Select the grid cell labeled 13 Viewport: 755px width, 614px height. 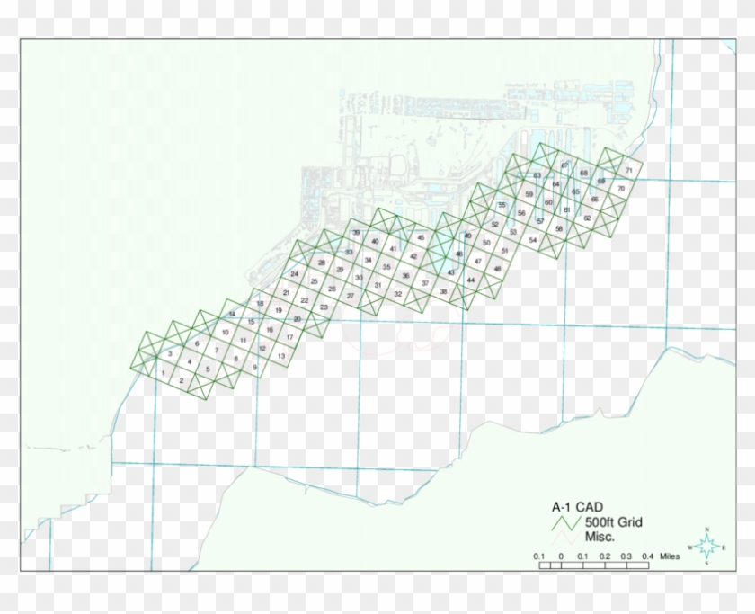(x=281, y=357)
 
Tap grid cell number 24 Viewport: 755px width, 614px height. (x=294, y=273)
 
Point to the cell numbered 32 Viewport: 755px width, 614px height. (x=397, y=294)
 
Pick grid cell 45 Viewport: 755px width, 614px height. (x=421, y=237)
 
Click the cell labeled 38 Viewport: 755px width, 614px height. (x=443, y=291)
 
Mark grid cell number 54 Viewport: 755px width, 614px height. (x=533, y=240)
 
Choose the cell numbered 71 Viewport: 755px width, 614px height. (x=629, y=170)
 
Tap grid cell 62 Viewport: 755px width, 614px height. (x=587, y=218)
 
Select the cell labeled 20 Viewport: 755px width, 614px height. (x=298, y=319)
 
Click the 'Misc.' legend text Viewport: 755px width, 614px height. (x=600, y=537)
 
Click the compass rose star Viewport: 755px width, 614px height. (x=707, y=546)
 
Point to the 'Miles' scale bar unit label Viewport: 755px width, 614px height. (x=669, y=557)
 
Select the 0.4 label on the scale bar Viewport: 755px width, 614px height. (x=645, y=557)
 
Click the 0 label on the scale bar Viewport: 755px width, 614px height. (x=560, y=557)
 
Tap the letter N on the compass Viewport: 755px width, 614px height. (x=707, y=529)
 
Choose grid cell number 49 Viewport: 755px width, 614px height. (x=467, y=236)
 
